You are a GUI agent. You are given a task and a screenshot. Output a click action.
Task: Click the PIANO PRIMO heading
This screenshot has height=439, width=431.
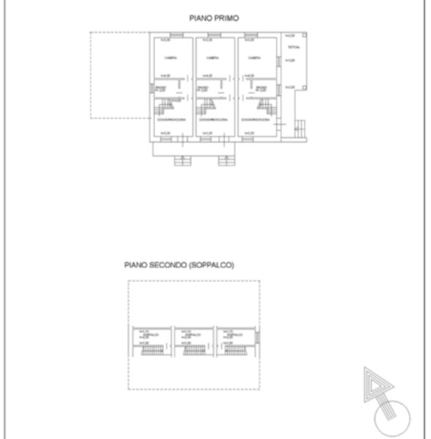tap(214, 18)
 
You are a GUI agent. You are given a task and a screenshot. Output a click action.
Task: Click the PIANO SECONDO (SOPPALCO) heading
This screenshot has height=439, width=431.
tap(179, 265)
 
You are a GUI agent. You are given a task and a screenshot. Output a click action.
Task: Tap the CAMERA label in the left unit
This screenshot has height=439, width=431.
tap(171, 58)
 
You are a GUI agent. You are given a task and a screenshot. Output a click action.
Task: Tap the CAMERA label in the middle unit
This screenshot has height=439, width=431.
tap(212, 58)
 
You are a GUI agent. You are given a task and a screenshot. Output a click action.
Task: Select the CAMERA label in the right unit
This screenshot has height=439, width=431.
tap(254, 58)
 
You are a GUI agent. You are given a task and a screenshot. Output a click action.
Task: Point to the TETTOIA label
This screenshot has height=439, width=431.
tap(293, 48)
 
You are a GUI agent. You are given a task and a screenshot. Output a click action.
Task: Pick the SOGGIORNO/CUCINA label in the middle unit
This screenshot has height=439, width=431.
tap(213, 120)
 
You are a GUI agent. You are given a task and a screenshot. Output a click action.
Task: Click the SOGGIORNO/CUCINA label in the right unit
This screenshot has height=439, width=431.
tap(255, 120)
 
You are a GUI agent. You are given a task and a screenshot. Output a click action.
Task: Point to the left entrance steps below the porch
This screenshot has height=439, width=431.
tap(182, 161)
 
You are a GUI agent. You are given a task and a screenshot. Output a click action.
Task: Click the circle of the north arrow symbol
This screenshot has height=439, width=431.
tap(392, 419)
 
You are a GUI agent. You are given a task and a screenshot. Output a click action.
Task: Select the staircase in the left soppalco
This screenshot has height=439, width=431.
tap(152, 350)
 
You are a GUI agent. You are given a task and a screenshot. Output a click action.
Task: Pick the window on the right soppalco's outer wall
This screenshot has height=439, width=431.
tap(258, 337)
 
